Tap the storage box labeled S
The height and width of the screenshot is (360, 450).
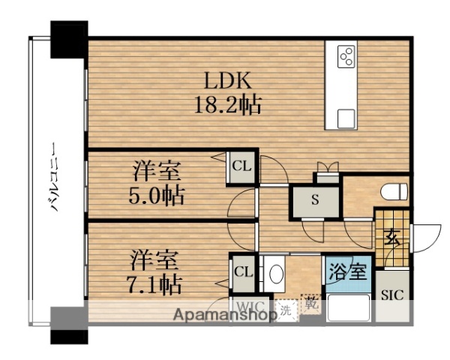pyautogui.click(x=315, y=199)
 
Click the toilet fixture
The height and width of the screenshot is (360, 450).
pyautogui.click(x=393, y=193)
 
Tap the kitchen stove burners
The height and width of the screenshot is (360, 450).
pyautogui.click(x=346, y=57)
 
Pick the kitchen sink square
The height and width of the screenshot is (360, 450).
pyautogui.click(x=346, y=118)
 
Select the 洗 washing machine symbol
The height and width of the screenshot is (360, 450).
pyautogui.click(x=286, y=308)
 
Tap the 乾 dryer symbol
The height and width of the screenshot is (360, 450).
pyautogui.click(x=310, y=305)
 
